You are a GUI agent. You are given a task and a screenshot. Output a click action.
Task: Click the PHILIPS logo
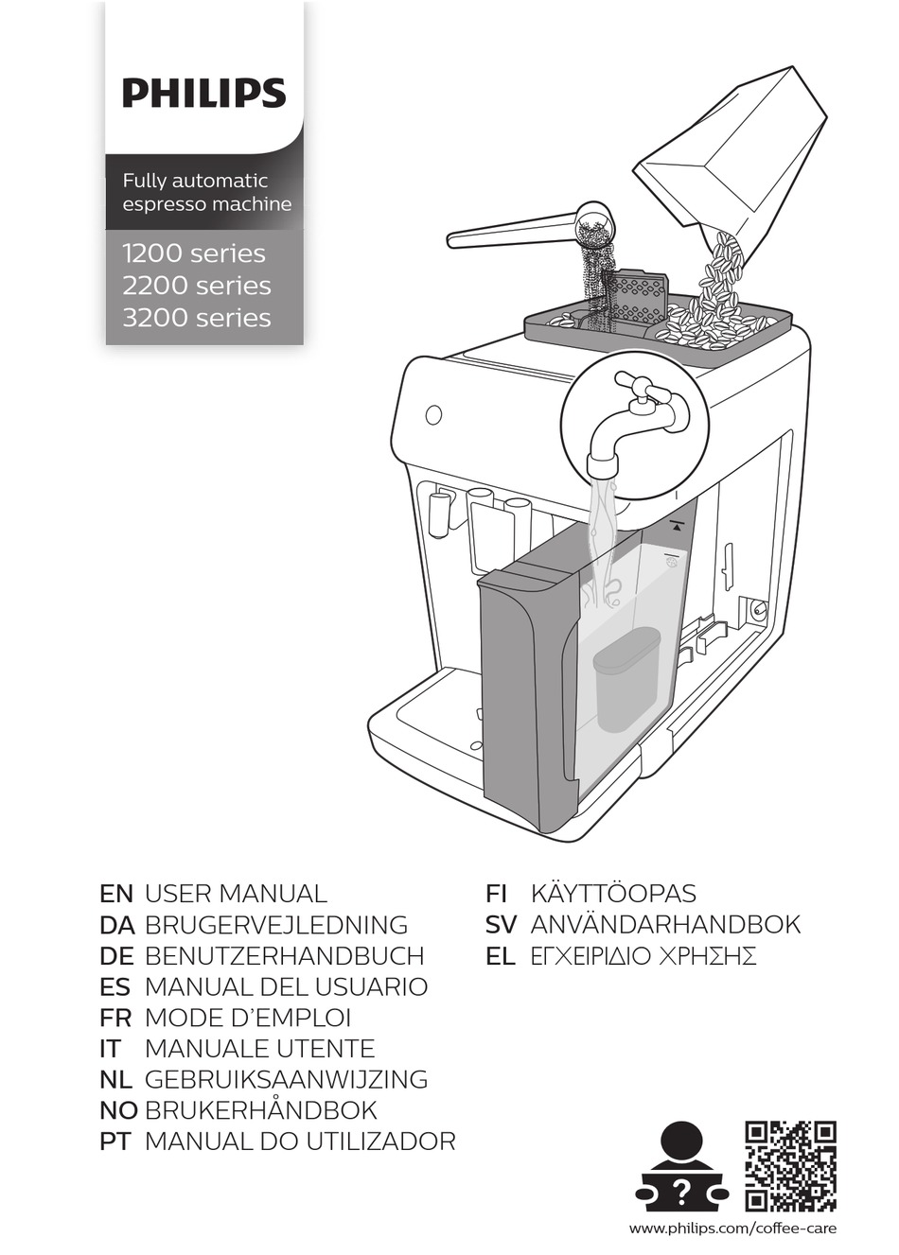[203, 93]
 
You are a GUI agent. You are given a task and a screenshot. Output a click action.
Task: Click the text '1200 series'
[194, 253]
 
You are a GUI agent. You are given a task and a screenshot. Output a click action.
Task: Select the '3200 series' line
[197, 318]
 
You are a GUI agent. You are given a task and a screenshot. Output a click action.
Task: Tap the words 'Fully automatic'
[195, 180]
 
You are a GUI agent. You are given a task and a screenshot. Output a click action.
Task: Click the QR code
[790, 1165]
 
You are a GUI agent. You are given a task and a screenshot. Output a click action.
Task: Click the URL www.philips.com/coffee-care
[732, 1229]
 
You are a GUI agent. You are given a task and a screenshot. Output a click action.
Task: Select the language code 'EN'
[115, 894]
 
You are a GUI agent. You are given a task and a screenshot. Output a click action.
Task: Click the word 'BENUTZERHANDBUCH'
[284, 956]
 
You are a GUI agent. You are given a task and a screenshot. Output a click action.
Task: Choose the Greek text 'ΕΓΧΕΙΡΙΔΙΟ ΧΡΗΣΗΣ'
[643, 956]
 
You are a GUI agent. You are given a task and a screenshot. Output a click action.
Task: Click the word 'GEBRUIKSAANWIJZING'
[286, 1079]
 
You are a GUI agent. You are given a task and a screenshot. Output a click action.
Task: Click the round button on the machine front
[433, 414]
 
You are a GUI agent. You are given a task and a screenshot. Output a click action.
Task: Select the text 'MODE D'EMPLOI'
[247, 1018]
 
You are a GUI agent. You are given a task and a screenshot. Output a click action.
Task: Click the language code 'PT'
[115, 1142]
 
